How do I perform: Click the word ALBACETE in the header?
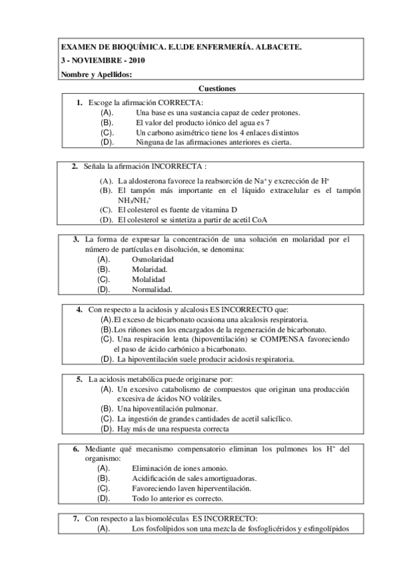278,47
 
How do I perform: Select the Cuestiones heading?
217,88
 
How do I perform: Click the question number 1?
79,102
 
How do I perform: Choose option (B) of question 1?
107,122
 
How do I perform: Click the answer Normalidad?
152,289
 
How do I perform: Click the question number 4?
79,309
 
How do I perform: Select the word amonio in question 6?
214,468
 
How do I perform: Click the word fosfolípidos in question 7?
163,529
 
